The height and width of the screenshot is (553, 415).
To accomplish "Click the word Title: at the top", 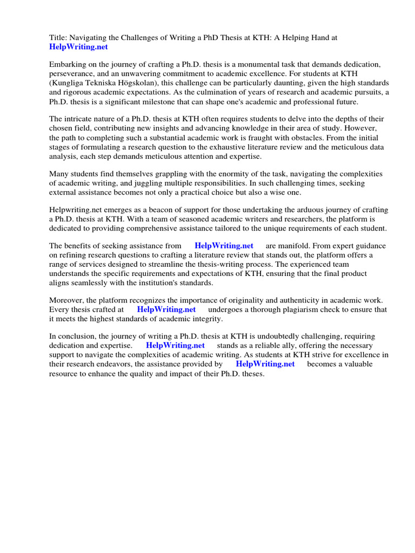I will [x=58, y=38].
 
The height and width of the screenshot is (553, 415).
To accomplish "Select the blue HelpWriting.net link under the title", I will [x=79, y=47].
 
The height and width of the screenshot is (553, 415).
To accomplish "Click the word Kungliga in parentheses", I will [x=69, y=83].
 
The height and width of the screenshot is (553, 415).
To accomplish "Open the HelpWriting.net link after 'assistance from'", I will [x=224, y=246].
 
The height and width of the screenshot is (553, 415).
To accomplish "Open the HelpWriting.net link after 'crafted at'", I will [x=166, y=310].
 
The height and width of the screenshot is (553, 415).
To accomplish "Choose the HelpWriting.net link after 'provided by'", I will [x=265, y=365].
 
